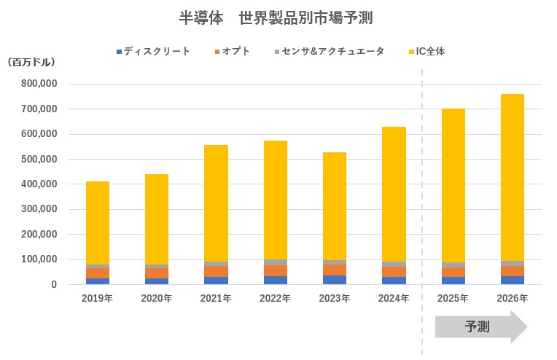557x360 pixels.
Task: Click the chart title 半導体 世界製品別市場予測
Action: tap(278, 17)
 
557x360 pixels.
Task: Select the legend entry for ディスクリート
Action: tap(154, 52)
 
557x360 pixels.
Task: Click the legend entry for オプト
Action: tap(233, 52)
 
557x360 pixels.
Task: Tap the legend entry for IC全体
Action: tap(429, 52)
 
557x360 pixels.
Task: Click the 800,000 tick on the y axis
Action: tap(40, 84)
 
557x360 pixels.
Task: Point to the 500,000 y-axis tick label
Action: tap(40, 159)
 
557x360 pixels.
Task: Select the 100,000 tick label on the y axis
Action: tap(40, 259)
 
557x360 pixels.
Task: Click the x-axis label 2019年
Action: tap(97, 298)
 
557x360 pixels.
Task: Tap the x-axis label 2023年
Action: tap(335, 298)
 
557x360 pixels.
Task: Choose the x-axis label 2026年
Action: tap(513, 298)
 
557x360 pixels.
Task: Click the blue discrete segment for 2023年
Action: tap(335, 280)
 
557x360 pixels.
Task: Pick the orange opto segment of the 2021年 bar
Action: tap(216, 271)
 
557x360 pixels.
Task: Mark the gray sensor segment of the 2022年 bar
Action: tap(276, 262)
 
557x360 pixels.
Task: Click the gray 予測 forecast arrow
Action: tap(480, 327)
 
